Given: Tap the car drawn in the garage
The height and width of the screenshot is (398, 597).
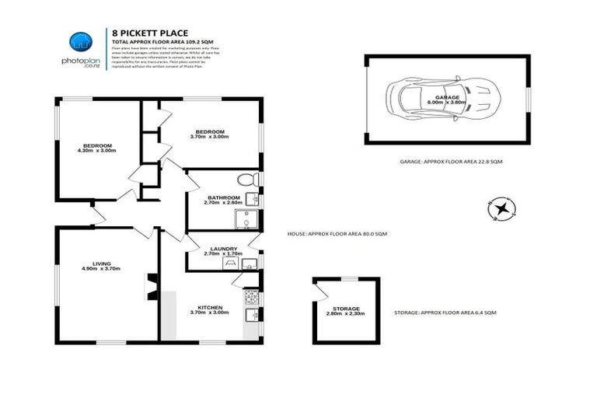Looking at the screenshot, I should pyautogui.click(x=442, y=99).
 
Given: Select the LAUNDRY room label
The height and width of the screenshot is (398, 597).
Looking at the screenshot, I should pyautogui.click(x=224, y=249).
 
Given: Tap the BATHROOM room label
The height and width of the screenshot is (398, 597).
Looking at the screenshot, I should pyautogui.click(x=223, y=197).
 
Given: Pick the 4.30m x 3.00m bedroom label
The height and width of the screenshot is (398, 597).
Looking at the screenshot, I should pyautogui.click(x=98, y=147).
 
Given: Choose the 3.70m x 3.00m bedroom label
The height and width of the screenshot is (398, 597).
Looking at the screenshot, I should pyautogui.click(x=210, y=133).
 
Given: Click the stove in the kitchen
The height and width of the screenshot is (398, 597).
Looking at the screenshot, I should pyautogui.click(x=251, y=296).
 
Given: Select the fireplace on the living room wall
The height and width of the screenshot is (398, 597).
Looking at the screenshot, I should pyautogui.click(x=152, y=290).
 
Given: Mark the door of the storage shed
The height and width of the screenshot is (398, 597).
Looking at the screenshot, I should pyautogui.click(x=319, y=290).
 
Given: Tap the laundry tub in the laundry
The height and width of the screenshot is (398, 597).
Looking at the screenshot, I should pyautogui.click(x=230, y=262).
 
